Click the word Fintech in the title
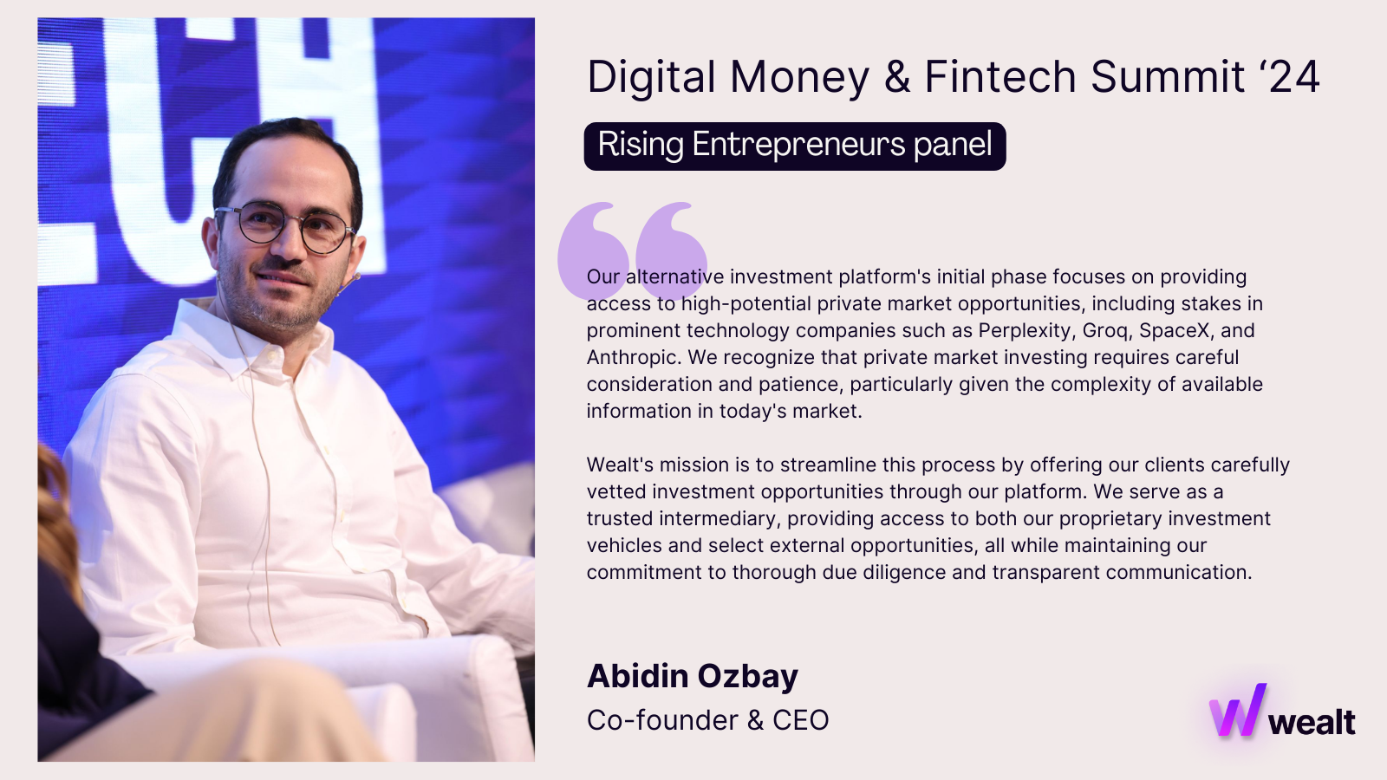(x=1000, y=77)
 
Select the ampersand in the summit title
(x=897, y=77)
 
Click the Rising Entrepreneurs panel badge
(x=794, y=146)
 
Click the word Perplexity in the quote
(x=1025, y=330)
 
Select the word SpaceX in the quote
(x=1174, y=330)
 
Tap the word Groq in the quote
(x=1105, y=331)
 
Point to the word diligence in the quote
(x=904, y=573)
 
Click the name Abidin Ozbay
(x=693, y=676)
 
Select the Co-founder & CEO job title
(x=707, y=720)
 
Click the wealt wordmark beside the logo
(x=1312, y=723)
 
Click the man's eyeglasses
(x=285, y=225)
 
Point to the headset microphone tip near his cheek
(x=356, y=276)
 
